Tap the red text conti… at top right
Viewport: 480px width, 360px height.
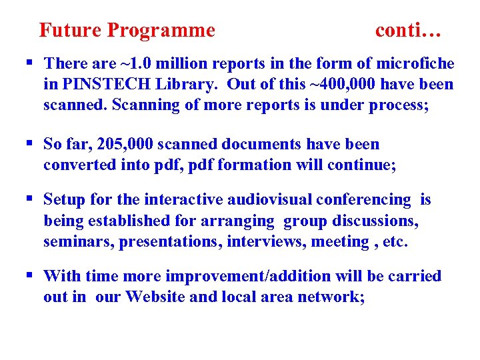(409, 31)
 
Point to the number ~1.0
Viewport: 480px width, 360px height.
(139, 64)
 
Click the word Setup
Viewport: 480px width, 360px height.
(65, 200)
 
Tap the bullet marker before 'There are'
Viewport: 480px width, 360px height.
(29, 63)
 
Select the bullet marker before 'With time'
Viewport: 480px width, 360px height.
(29, 276)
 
